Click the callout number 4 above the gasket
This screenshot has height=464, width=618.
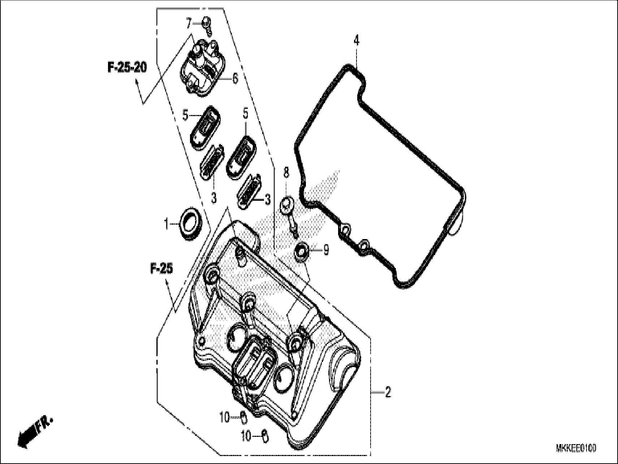356,41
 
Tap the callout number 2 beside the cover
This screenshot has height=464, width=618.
388,392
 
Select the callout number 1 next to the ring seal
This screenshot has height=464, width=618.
167,225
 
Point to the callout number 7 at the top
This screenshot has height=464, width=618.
188,24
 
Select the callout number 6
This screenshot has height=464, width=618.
235,78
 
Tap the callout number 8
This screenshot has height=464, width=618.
286,173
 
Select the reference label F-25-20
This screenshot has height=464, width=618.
127,68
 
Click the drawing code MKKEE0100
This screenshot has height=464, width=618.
576,449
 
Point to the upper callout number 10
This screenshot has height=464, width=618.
224,418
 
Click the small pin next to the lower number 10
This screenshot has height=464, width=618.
265,436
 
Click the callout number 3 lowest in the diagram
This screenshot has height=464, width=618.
268,200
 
